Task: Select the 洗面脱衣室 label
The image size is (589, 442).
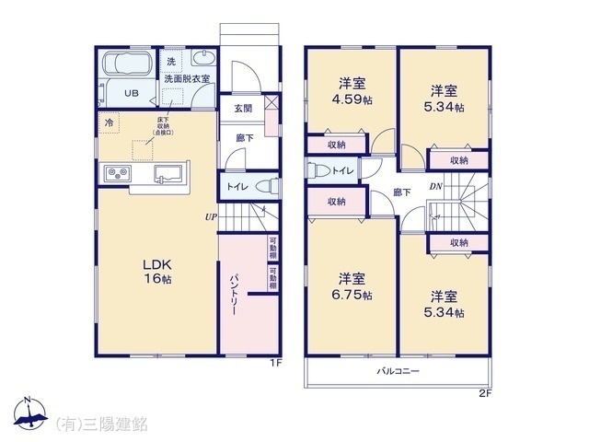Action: (187, 80)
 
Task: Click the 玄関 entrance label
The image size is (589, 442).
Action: (242, 109)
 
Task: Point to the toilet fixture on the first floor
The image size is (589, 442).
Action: (264, 185)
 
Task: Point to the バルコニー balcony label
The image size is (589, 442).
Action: (397, 371)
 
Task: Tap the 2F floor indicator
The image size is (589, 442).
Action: (485, 395)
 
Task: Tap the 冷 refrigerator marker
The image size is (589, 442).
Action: (110, 122)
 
